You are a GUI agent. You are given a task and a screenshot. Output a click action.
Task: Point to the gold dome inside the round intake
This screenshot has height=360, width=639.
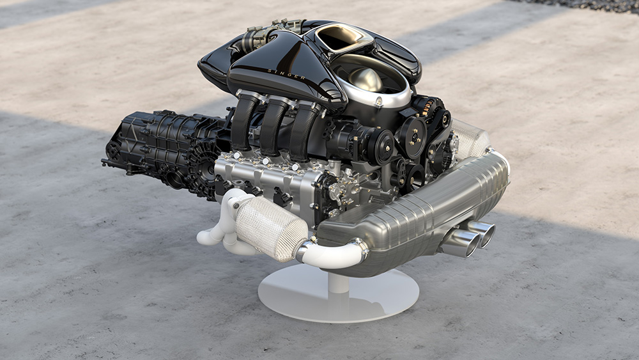coord(366,79)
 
